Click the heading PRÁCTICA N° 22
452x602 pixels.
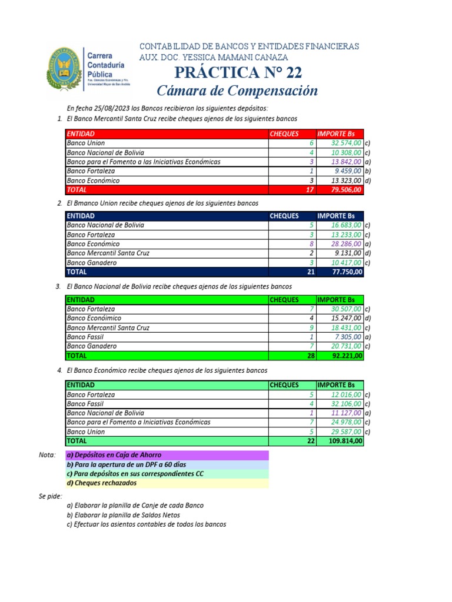[238, 73]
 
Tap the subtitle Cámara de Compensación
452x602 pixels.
[237, 91]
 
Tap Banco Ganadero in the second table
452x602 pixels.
[92, 263]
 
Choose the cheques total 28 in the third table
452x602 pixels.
[310, 356]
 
